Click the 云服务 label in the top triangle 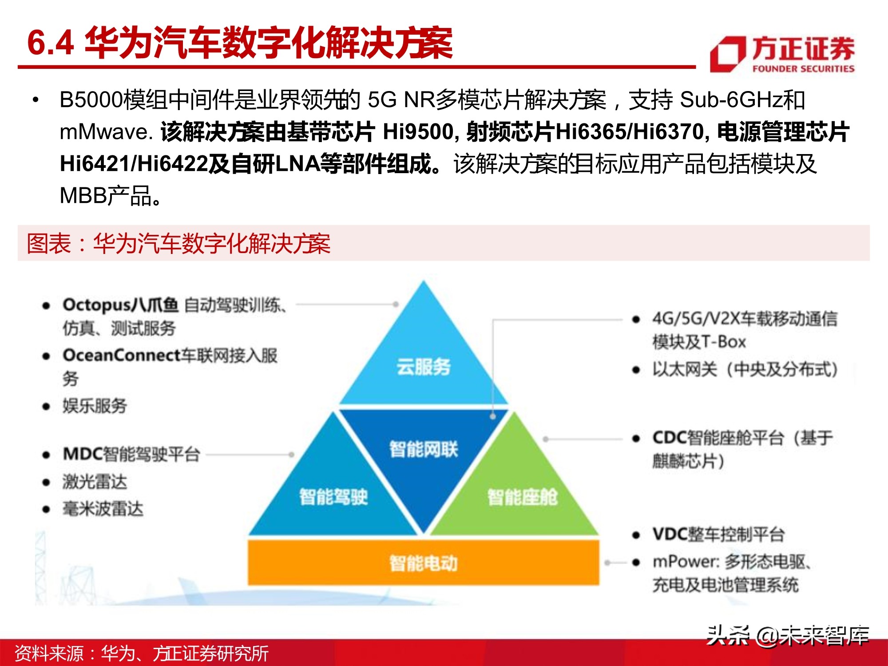pyautogui.click(x=423, y=367)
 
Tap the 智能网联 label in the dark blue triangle pyautogui.click(x=423, y=449)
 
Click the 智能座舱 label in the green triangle pyautogui.click(x=522, y=497)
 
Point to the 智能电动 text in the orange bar pyautogui.click(x=423, y=563)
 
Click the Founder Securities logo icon pyautogui.click(x=727, y=54)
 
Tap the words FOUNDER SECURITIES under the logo pyautogui.click(x=803, y=69)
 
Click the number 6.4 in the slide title pyautogui.click(x=50, y=44)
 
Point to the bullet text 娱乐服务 pyautogui.click(x=95, y=406)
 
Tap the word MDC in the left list pyautogui.click(x=83, y=454)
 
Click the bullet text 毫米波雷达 pyautogui.click(x=103, y=509)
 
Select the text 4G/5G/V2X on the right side pyautogui.click(x=696, y=319)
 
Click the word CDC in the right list pyautogui.click(x=670, y=438)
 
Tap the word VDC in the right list pyautogui.click(x=670, y=534)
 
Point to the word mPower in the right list pyautogui.click(x=685, y=562)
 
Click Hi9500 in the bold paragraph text pyautogui.click(x=418, y=132)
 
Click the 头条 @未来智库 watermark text pyautogui.click(x=787, y=635)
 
